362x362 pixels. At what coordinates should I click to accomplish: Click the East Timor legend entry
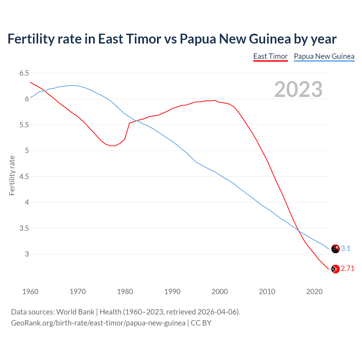[270, 56]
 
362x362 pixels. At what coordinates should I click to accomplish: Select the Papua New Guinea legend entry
[324, 56]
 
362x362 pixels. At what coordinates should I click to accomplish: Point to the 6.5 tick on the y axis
[24, 73]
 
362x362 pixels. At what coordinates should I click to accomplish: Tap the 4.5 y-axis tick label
[24, 177]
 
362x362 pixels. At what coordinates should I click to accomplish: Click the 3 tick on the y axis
[27, 254]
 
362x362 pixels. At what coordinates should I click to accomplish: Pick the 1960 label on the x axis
[30, 292]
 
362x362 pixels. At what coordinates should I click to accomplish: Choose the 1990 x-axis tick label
[172, 292]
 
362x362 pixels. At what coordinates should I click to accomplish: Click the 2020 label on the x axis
[314, 292]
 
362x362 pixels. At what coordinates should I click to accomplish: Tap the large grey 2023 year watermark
[298, 89]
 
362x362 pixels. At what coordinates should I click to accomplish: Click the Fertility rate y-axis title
[12, 175]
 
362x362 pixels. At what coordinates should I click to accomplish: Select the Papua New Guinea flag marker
[335, 249]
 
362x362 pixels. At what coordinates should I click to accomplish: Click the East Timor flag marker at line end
[335, 269]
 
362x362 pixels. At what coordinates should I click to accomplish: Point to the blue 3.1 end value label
[346, 249]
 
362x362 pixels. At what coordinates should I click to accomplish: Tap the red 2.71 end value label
[348, 269]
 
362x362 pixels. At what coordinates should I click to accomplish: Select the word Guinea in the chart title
[270, 39]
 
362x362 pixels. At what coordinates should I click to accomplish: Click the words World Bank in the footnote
[75, 312]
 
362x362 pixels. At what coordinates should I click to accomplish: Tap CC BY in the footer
[201, 323]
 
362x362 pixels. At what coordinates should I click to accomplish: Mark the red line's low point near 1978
[113, 146]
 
